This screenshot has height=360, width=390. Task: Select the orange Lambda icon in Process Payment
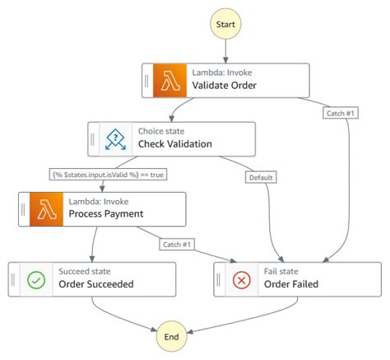[x=46, y=209]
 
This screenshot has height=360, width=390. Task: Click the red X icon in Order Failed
[x=242, y=280]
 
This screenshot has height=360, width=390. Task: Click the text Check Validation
[x=174, y=144]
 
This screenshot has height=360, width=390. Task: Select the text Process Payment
[x=106, y=214]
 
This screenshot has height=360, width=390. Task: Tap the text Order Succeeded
[x=95, y=285]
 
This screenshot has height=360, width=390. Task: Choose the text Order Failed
[x=292, y=285]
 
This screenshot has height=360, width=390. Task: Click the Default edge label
[x=261, y=176]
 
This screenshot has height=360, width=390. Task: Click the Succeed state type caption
[x=84, y=270]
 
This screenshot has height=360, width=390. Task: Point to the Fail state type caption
[x=281, y=270]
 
